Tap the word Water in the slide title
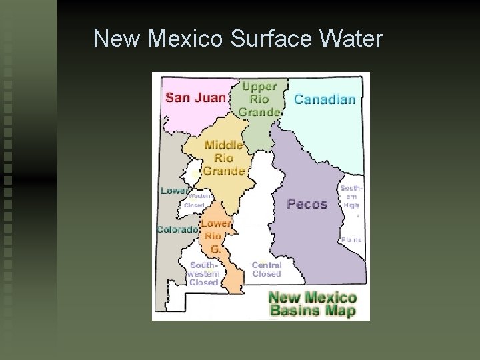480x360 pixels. (351, 39)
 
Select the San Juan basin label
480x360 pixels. (195, 97)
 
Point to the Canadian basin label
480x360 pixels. (325, 99)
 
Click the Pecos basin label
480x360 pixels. (307, 204)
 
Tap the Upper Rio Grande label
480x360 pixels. (259, 99)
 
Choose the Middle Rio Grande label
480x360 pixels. (224, 158)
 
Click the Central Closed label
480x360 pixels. (267, 269)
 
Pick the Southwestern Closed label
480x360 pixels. (203, 273)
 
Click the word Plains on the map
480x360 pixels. (351, 239)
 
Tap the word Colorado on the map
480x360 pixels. (177, 230)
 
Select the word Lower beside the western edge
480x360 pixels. (174, 191)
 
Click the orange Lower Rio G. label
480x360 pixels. (216, 236)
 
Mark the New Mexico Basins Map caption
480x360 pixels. (312, 305)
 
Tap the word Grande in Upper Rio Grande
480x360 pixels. (259, 111)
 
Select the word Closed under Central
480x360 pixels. (267, 274)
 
